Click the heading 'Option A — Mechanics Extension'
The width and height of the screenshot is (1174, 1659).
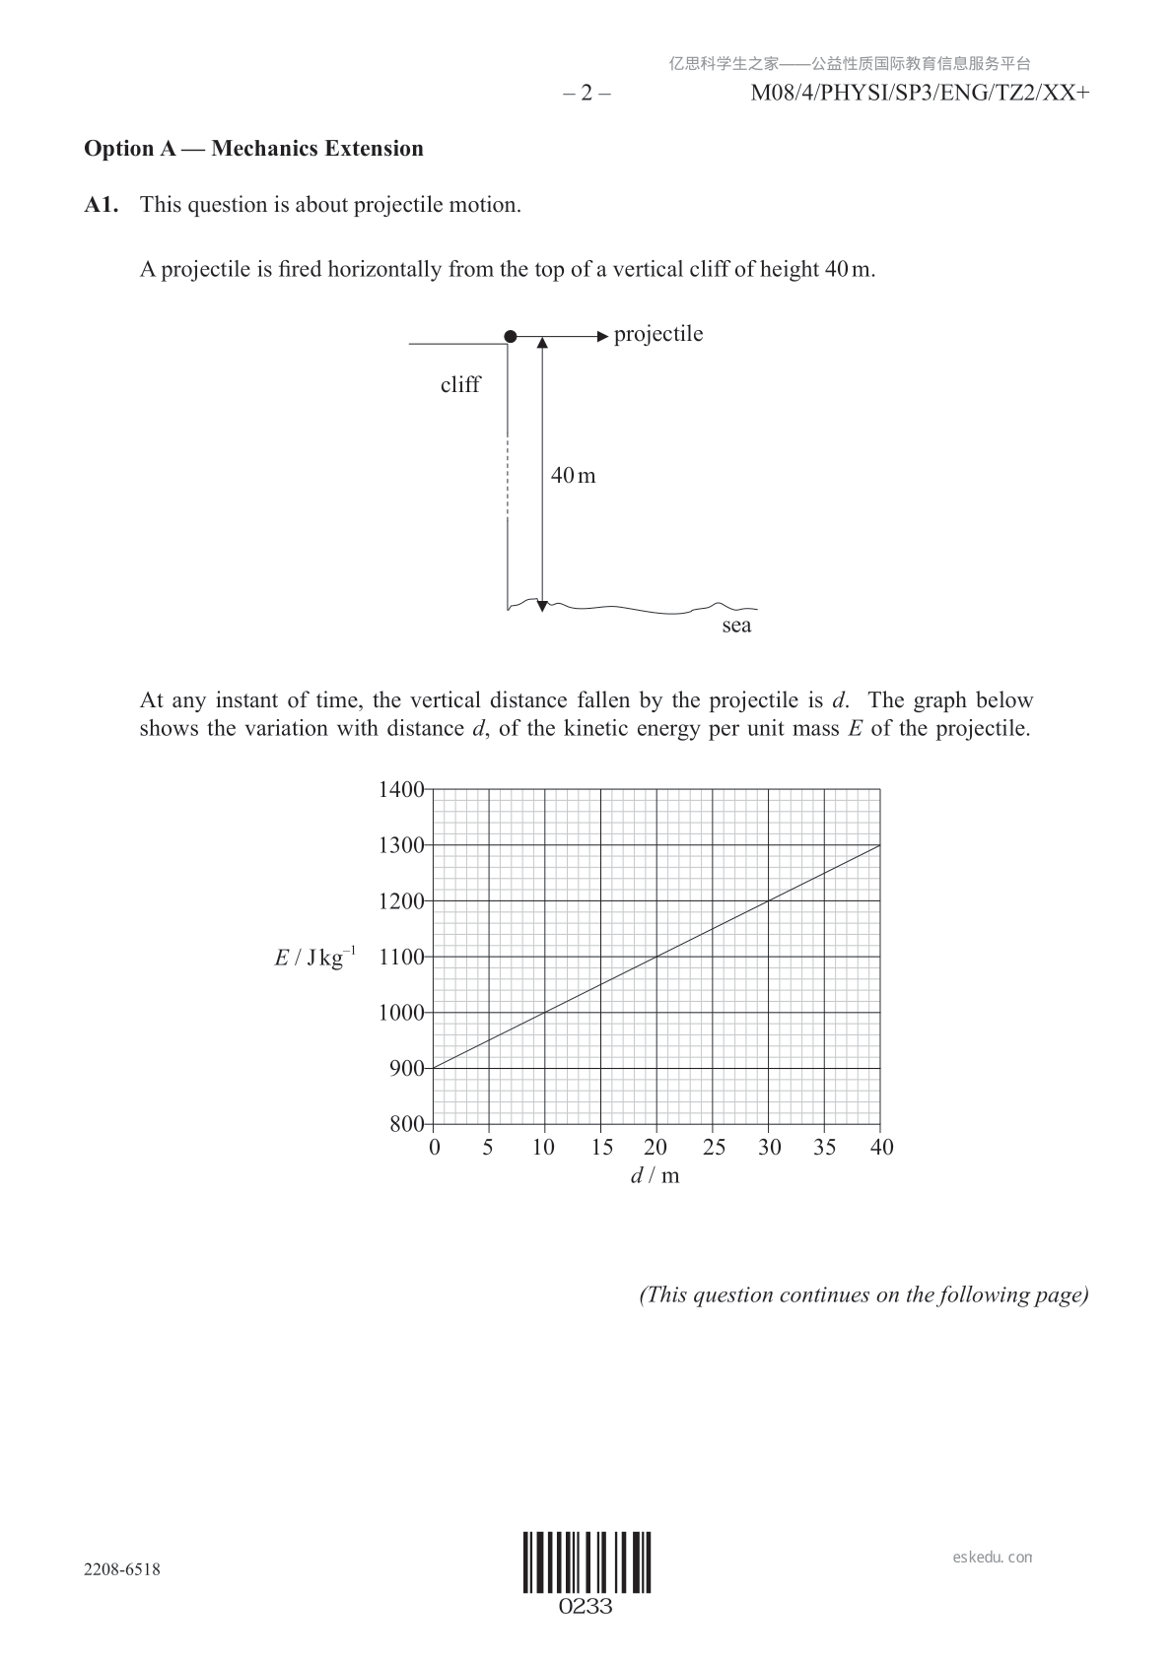click(x=253, y=149)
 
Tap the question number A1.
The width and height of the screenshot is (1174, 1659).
click(x=102, y=205)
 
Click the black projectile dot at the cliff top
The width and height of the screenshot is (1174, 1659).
click(x=510, y=337)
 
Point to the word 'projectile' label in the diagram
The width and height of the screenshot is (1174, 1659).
click(x=658, y=334)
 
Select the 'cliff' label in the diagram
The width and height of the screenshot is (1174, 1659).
click(x=460, y=385)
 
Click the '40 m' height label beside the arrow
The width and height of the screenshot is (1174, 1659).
click(x=574, y=476)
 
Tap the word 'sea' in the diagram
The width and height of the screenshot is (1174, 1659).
click(x=736, y=627)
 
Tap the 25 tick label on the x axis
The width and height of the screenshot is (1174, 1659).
click(x=714, y=1147)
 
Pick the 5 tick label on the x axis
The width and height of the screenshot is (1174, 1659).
click(x=488, y=1147)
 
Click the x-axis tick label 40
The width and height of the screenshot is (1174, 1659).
click(x=881, y=1147)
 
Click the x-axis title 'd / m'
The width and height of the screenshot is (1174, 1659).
click(x=656, y=1175)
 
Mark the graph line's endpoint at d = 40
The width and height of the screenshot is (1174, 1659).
click(x=880, y=845)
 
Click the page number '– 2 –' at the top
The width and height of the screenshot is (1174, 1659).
click(x=587, y=94)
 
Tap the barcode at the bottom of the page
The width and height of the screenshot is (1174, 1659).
click(x=587, y=1562)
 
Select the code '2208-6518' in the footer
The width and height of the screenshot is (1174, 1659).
click(x=122, y=1569)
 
